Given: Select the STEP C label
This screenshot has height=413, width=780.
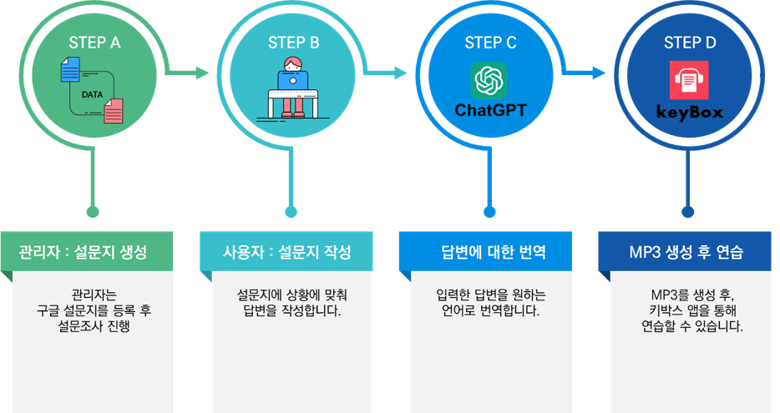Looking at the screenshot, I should point(489,42).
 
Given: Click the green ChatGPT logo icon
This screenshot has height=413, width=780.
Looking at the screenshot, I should point(489,80).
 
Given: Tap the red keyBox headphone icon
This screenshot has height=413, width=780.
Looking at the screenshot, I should point(688,80).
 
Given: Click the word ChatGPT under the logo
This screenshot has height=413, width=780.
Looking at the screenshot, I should point(490,110).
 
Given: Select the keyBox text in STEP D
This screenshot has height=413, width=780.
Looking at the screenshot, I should point(689,111).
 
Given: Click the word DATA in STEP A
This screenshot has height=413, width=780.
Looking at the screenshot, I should point(92,94).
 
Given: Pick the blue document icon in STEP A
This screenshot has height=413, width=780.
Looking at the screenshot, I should point(69,69).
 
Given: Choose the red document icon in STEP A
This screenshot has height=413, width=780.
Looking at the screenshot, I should point(114,111).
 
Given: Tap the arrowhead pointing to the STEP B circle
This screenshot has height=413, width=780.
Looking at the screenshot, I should point(203,73).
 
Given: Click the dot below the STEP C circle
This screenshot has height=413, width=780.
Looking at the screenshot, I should point(489,212).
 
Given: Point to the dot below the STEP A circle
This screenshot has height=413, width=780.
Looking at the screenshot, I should point(93,212).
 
